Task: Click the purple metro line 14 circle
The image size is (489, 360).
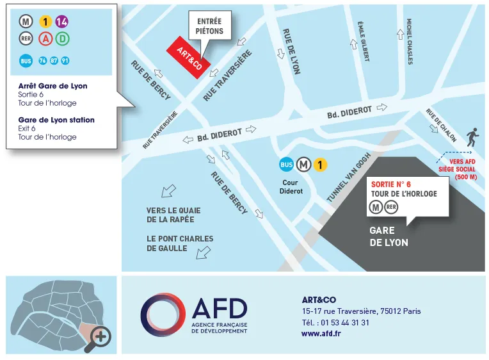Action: click(x=62, y=22)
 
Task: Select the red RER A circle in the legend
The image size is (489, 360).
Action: click(x=45, y=39)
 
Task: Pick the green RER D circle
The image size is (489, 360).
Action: click(x=62, y=39)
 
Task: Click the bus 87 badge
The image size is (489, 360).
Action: click(x=54, y=61)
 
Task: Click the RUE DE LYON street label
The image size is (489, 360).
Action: click(x=291, y=51)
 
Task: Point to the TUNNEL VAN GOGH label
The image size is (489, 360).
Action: click(x=349, y=177)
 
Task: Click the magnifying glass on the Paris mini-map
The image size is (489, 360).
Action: click(x=100, y=336)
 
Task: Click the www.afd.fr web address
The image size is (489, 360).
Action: click(x=321, y=333)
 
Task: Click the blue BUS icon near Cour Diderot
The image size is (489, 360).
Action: click(x=287, y=165)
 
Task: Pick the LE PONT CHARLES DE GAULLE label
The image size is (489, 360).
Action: click(x=180, y=243)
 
